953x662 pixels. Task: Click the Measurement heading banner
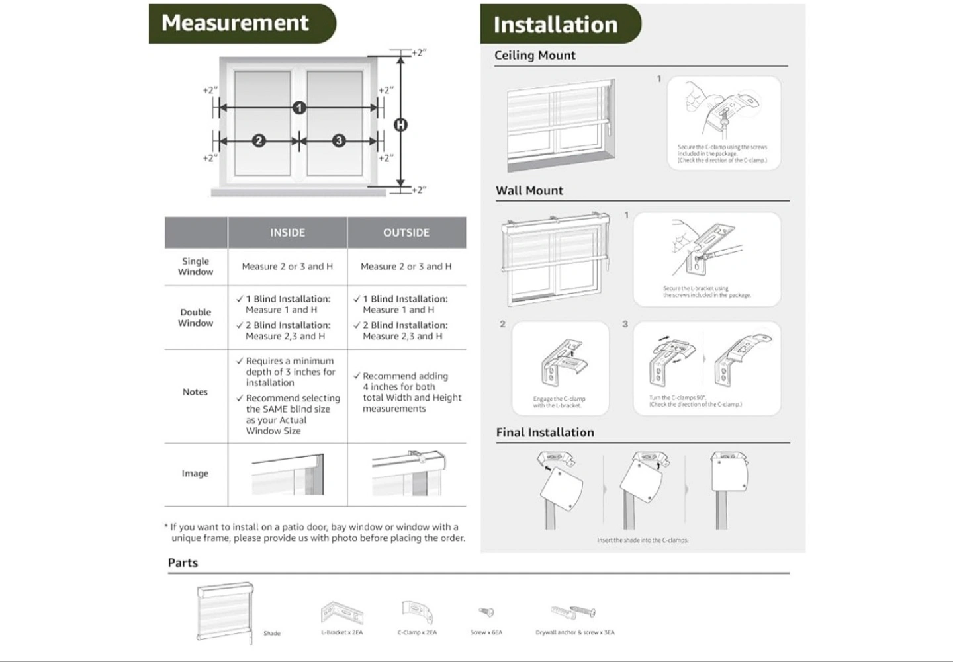point(236,23)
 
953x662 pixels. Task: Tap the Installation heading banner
point(556,25)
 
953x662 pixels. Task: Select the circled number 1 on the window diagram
point(300,107)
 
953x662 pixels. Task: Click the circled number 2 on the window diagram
point(259,140)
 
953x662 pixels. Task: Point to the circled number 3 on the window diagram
point(339,140)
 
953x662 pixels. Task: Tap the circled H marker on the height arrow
point(400,124)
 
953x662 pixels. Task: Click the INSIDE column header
point(287,233)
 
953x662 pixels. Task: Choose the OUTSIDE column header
point(406,233)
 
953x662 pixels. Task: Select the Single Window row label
point(196,267)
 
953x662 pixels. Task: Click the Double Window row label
point(196,317)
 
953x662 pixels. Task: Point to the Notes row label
point(195,392)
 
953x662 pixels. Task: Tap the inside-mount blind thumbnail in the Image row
point(288,474)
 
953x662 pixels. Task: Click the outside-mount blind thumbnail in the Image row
point(407,474)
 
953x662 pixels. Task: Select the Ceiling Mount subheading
point(535,56)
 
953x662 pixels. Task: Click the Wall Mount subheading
point(529,191)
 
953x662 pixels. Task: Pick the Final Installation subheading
point(545,433)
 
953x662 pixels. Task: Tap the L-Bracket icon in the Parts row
point(342,612)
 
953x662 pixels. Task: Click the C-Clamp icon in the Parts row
point(417,612)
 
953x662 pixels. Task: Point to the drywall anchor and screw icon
point(574,612)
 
